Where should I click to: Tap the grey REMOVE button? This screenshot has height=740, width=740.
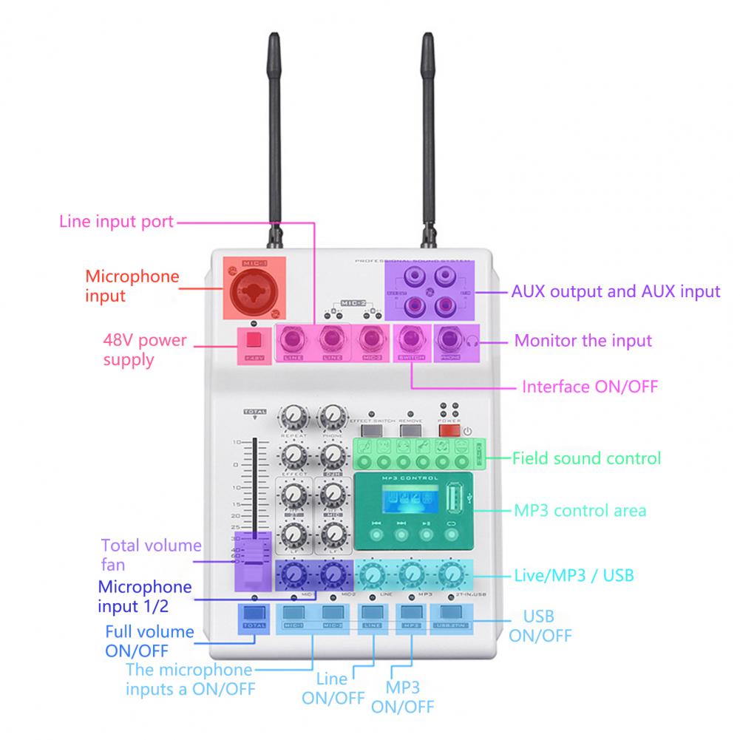[410, 430]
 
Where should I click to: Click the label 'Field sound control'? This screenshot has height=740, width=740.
[586, 458]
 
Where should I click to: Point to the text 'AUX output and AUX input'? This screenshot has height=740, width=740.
[615, 291]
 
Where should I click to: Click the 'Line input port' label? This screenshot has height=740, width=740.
[116, 221]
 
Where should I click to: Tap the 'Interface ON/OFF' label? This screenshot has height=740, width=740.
[589, 387]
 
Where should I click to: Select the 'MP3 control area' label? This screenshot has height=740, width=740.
[580, 510]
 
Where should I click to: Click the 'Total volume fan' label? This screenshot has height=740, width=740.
[151, 555]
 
